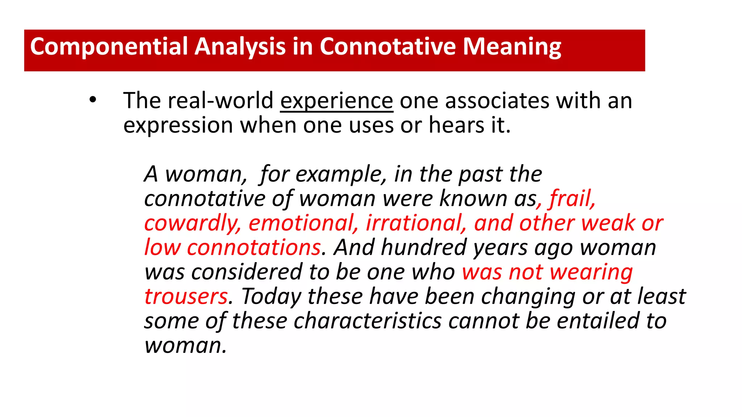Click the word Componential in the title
[109, 47]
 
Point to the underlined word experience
[337, 101]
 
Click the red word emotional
[303, 223]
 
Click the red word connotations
[254, 248]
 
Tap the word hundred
[424, 248]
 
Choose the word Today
[271, 296]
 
